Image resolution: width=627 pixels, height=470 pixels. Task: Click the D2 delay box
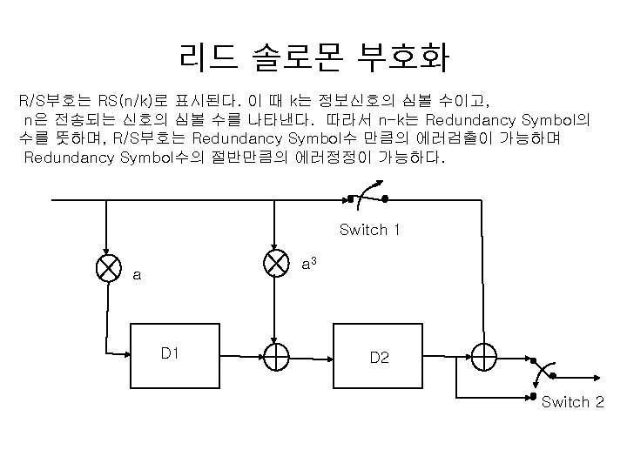coord(380,357)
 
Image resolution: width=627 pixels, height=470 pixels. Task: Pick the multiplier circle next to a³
coord(276,264)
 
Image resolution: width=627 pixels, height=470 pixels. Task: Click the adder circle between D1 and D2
coord(276,356)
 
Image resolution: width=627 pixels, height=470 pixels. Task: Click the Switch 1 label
coord(369,230)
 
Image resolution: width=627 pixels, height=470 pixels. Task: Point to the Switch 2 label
coord(572,402)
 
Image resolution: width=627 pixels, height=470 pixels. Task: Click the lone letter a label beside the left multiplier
coord(137,276)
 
